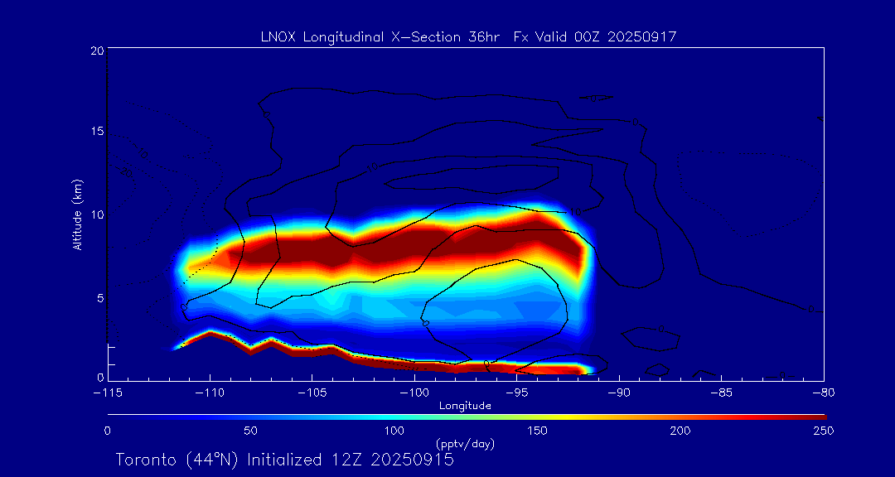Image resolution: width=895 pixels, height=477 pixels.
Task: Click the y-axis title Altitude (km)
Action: click(78, 214)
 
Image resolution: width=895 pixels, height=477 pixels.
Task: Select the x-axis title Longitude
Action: click(465, 406)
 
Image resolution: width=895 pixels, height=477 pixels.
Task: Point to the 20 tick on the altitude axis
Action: click(96, 51)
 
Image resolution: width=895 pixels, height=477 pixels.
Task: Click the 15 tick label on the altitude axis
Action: click(96, 132)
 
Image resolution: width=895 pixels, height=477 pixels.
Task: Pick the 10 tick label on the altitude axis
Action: click(96, 214)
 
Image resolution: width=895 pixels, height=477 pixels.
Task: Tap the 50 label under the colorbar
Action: click(250, 431)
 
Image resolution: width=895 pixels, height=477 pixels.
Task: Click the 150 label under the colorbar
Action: click(537, 431)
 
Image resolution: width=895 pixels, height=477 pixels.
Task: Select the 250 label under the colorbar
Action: click(823, 431)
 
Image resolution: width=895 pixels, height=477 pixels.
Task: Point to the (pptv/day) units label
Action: click(465, 444)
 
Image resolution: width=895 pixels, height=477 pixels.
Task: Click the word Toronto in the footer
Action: click(143, 460)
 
